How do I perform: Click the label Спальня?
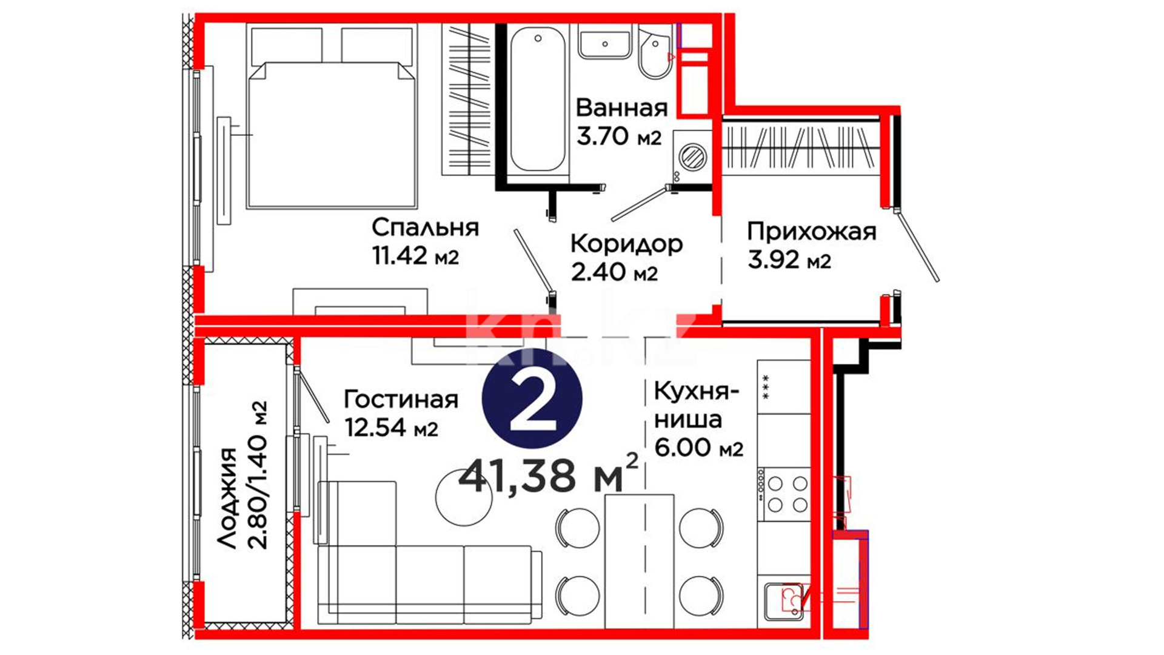pos(425,228)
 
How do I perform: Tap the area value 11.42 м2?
pos(415,256)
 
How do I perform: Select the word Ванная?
pos(621,108)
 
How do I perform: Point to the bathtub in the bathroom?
pos(538,100)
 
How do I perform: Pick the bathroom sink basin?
pos(604,41)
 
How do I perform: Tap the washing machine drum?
pos(692,156)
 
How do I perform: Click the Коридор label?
pos(626,244)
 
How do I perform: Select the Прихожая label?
pos(812,232)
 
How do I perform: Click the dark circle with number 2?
pos(532,399)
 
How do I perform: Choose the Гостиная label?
pos(401,400)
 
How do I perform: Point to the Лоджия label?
pos(229,499)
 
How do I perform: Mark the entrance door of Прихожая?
pos(917,246)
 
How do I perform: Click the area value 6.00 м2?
pos(698,448)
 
